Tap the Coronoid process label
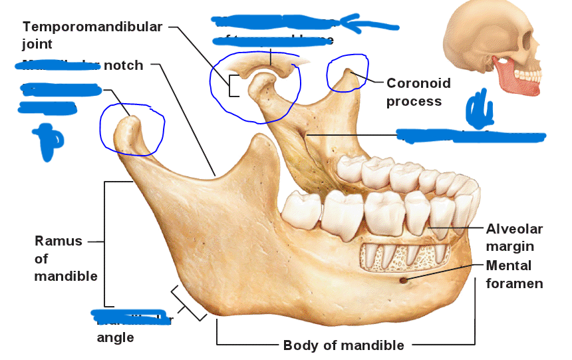[x=418, y=92]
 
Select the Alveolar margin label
[x=514, y=238]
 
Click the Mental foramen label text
[x=514, y=274]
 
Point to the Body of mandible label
[x=343, y=345]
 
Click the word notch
[x=123, y=65]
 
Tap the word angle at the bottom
[x=115, y=337]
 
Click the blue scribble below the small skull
[x=479, y=111]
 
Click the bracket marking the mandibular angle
[x=188, y=303]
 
